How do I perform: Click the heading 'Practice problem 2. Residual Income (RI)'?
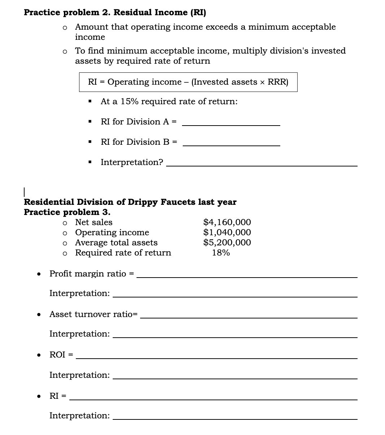(115, 12)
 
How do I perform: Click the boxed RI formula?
(188, 82)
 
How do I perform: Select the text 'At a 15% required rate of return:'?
(169, 102)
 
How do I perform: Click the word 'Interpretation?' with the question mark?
(132, 162)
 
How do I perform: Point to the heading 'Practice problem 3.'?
(67, 212)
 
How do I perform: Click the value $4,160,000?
(227, 222)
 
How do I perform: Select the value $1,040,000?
(227, 232)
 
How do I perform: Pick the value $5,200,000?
(227, 242)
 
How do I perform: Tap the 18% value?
(221, 253)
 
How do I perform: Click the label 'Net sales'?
(94, 223)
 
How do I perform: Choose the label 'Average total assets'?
(116, 243)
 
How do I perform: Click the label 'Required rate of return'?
(123, 253)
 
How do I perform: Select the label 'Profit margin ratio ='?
(91, 274)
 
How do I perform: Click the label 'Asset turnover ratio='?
(93, 314)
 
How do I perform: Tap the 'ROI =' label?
(61, 355)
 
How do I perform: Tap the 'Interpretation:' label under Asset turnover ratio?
(79, 334)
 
